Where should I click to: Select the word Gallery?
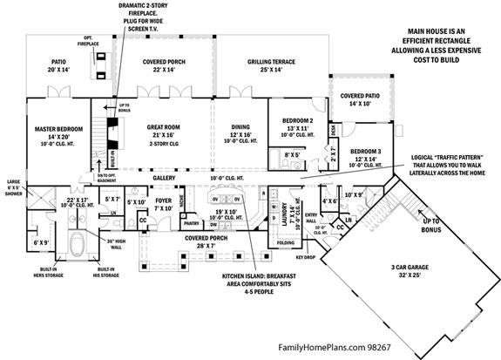[x=164, y=178]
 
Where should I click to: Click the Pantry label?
[x=192, y=224]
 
